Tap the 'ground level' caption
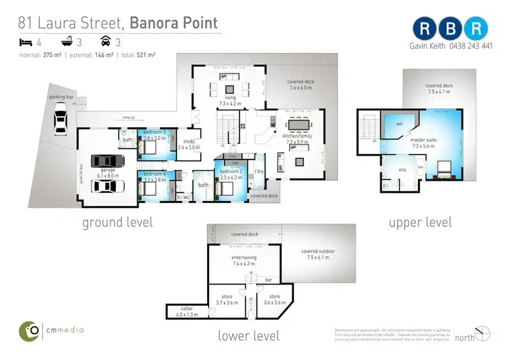pyautogui.click(x=117, y=222)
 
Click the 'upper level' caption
pyautogui.click(x=420, y=222)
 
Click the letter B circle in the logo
pyautogui.click(x=451, y=29)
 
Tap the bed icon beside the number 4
pyautogui.click(x=25, y=42)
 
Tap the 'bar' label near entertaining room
pyautogui.click(x=268, y=278)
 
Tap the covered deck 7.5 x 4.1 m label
pyautogui.click(x=439, y=90)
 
